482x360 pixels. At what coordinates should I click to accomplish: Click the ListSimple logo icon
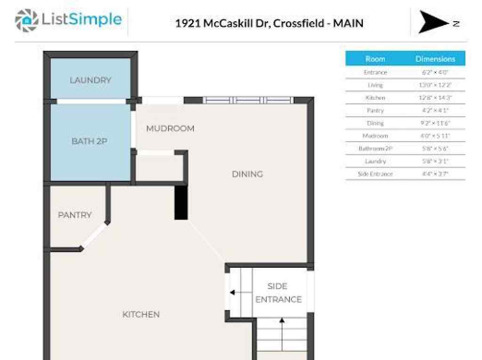(26, 21)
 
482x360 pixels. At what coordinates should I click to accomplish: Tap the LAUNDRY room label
(90, 80)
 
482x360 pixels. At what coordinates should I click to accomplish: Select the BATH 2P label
(89, 141)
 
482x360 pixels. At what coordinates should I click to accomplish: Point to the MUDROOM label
(170, 128)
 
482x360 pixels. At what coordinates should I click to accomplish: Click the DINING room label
(247, 174)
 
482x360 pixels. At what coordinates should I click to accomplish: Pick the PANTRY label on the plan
(75, 215)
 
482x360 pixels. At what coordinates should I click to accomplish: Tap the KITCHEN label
(141, 314)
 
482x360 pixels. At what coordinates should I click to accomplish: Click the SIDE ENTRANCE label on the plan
(278, 293)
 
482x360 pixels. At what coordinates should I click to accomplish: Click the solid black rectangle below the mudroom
(181, 202)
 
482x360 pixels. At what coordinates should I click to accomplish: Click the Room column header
(375, 59)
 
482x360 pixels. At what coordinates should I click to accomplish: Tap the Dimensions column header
(435, 59)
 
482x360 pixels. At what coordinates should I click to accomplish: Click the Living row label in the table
(375, 85)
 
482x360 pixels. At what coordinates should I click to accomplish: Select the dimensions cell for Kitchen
(435, 98)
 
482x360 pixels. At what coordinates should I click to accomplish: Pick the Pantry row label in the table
(375, 111)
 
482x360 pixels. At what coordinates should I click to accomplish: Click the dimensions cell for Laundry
(435, 161)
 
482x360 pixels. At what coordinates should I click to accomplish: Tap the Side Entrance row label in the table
(375, 174)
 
